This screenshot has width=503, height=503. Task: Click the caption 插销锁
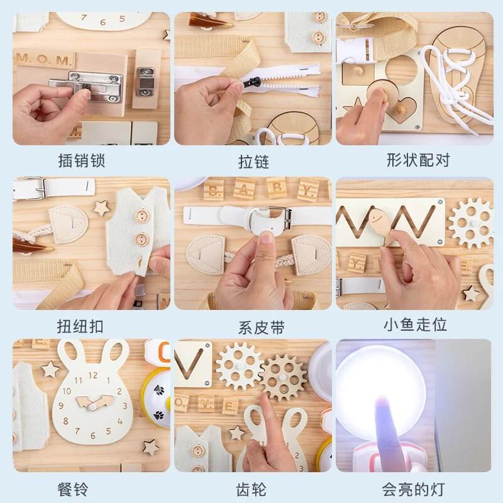79,161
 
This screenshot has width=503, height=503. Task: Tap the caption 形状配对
418,160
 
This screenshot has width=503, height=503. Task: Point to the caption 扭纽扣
79,326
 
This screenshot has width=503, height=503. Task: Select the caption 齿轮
253,489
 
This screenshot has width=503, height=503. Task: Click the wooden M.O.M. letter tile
44,60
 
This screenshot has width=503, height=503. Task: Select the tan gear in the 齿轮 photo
283,376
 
